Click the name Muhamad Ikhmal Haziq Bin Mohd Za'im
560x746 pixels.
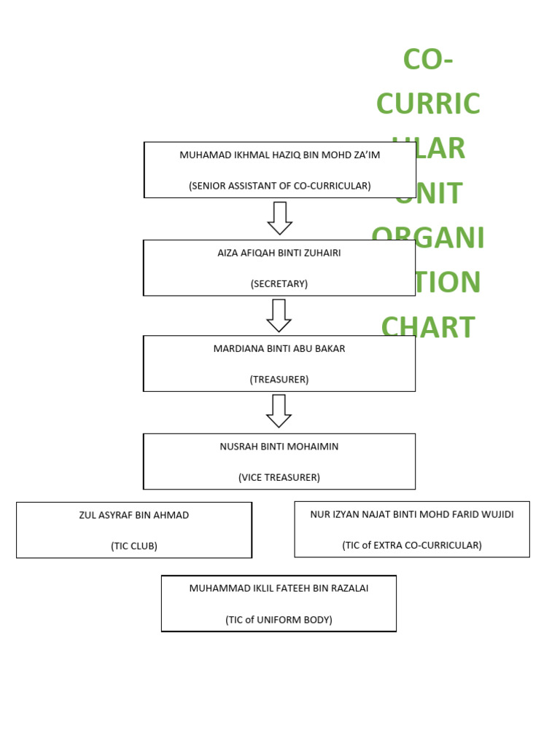(279, 155)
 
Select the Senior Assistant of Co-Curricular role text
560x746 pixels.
(279, 186)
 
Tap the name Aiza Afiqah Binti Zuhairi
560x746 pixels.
(279, 253)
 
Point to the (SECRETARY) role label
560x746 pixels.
(279, 283)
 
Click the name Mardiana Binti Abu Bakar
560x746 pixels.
(279, 348)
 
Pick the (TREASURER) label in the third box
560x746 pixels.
(279, 379)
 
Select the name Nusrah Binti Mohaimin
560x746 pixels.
(279, 447)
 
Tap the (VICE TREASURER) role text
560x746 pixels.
(279, 477)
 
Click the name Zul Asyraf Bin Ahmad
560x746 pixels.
(134, 515)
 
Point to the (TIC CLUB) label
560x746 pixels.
(134, 546)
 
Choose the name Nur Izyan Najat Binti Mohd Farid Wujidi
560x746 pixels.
(412, 514)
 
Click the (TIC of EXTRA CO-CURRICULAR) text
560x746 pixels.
(412, 545)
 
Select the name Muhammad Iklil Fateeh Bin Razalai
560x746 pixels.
(279, 588)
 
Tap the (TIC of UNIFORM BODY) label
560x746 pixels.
(279, 620)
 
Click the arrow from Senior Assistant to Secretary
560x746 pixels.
(279, 218)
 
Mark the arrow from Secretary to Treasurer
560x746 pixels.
(279, 315)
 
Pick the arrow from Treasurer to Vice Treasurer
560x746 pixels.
(279, 411)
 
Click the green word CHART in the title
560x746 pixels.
(428, 327)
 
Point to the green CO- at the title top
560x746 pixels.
(428, 59)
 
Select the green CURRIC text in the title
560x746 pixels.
(428, 103)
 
